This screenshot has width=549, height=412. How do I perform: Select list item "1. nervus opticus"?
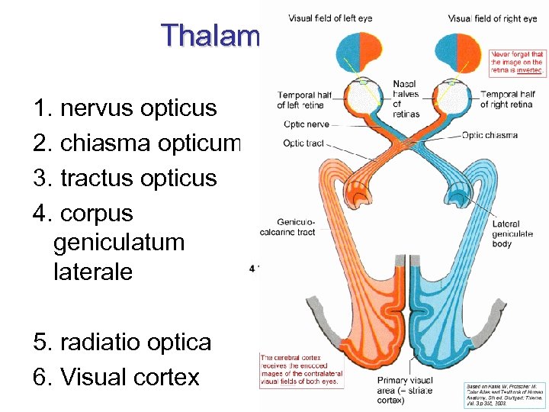(x=126, y=108)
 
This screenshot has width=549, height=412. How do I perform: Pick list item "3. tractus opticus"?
(x=126, y=179)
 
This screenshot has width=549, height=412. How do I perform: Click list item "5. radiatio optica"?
(x=122, y=343)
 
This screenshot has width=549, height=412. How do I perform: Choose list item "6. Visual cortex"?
(x=117, y=377)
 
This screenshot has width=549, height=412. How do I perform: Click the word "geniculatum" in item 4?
(x=120, y=243)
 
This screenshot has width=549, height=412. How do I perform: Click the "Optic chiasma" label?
(x=490, y=135)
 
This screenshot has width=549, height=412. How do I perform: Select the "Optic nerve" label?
(x=306, y=124)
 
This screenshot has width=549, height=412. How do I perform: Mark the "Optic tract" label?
(x=304, y=143)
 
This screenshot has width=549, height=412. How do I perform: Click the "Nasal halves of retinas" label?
(x=406, y=98)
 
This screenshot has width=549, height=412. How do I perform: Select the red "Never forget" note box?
(x=517, y=62)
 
